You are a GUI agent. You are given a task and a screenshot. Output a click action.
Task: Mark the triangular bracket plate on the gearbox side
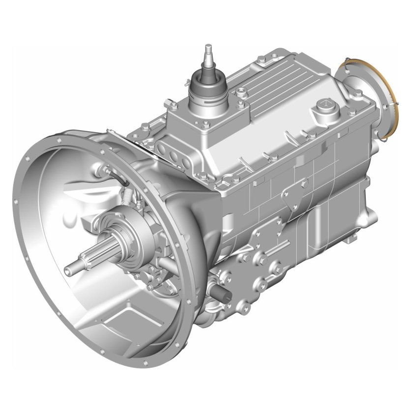(294, 197)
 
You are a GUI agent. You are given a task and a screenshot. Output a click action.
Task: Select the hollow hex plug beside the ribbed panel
(240, 92)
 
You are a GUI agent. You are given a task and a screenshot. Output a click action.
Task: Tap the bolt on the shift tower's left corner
(173, 105)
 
